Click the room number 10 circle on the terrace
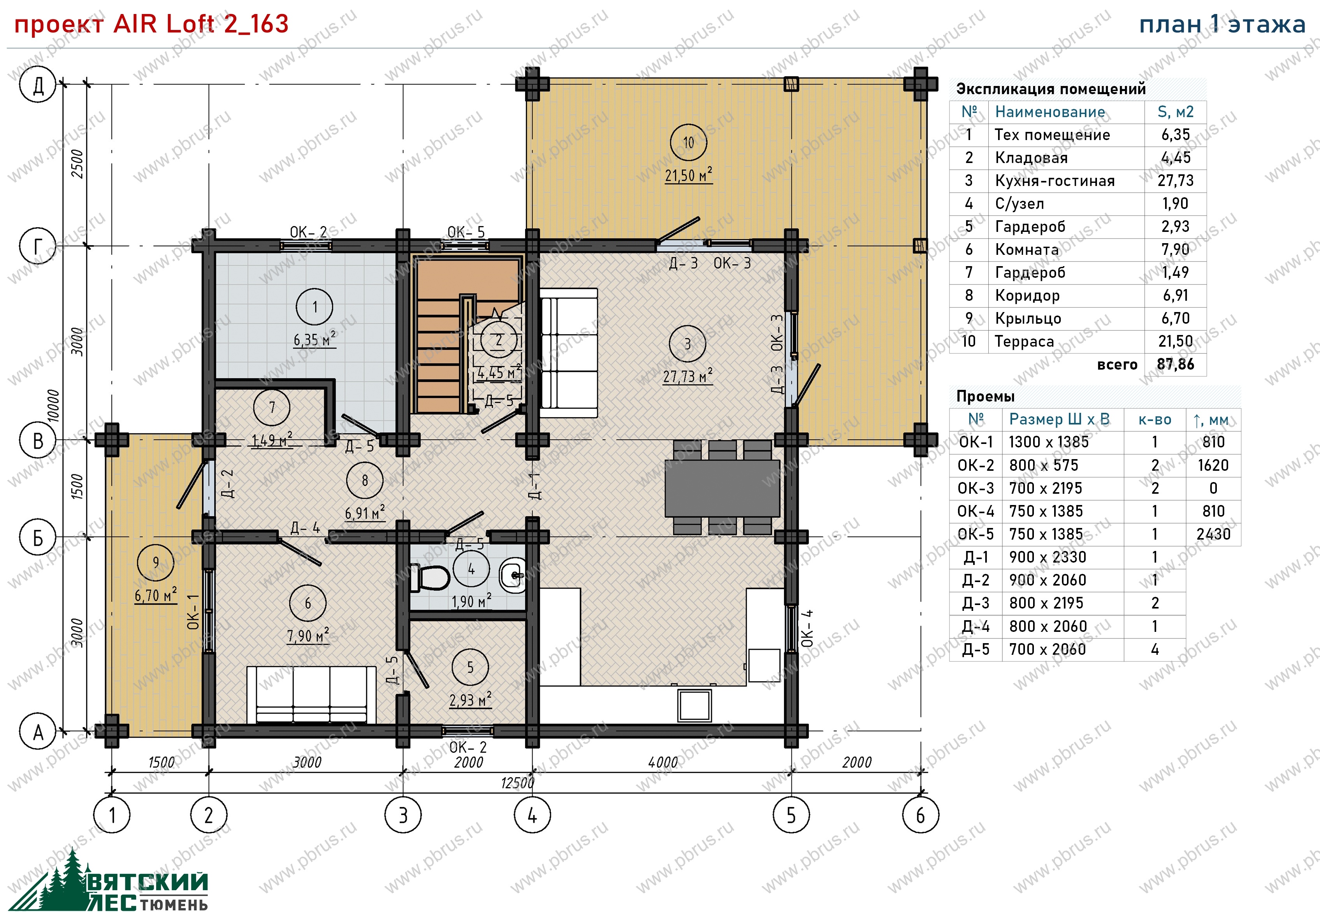(688, 142)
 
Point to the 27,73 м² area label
(688, 377)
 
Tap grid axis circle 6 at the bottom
(920, 816)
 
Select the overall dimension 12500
(517, 783)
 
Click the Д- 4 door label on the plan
(305, 528)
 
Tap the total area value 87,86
(1175, 365)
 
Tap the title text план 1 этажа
(1223, 25)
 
